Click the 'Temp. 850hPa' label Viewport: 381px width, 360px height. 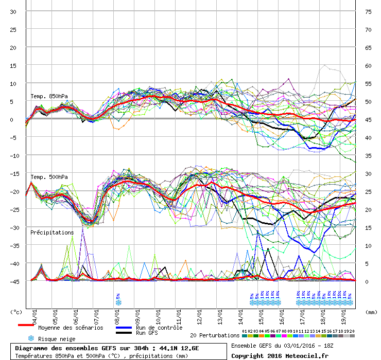tap(49, 96)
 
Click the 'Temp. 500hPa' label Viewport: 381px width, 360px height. tap(49, 177)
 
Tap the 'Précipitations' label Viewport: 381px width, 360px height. tap(52, 232)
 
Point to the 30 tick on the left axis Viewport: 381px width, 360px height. tap(13, 12)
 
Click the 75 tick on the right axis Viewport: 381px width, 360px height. tap(369, 12)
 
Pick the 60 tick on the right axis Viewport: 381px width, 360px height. tap(369, 66)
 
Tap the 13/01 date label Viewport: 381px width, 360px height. tap(220, 314)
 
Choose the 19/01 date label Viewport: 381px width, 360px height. tap(344, 314)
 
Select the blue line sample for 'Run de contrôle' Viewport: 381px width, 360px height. tap(124, 328)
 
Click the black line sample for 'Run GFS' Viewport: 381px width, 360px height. tap(124, 333)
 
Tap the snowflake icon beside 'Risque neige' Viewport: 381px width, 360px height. tap(30, 338)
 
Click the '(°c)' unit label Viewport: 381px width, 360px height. tap(16, 312)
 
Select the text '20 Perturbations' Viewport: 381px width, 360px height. tap(215, 335)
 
